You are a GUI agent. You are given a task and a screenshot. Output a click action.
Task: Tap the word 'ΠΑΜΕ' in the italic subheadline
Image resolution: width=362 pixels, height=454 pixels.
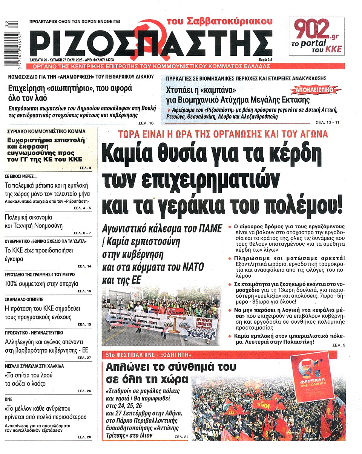click(210, 228)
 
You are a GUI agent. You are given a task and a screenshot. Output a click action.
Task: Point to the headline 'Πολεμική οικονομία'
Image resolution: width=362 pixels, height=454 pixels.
click(29, 217)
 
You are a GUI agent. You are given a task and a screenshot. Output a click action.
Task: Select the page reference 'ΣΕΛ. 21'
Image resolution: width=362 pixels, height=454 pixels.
click(181, 437)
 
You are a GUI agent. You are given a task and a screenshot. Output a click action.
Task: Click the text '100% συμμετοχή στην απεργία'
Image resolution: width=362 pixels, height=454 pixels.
click(41, 284)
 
